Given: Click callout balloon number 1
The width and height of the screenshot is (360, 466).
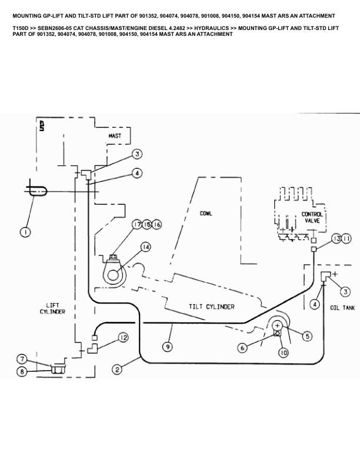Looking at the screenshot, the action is point(25,232).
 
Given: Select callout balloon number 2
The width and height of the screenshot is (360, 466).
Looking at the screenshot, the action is point(117,370).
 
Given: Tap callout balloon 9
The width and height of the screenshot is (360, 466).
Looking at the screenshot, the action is point(168,347).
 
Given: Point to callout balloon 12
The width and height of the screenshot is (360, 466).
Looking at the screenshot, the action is point(124,338).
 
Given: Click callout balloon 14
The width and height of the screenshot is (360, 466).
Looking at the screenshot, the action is point(145,247).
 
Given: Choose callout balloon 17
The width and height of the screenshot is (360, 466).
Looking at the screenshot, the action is point(137,224).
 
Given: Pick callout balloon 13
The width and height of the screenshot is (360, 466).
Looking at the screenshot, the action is point(336,238).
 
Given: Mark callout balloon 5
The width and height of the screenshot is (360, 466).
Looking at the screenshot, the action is point(308,336).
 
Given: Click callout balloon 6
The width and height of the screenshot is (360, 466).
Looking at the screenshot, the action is point(243,347).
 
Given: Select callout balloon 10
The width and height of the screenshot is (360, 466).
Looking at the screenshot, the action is point(284,353).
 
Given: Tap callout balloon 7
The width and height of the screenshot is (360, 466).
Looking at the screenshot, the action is point(22,360).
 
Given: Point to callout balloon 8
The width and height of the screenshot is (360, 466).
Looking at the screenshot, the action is point(22,371).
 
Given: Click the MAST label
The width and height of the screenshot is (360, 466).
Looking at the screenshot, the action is point(115,136).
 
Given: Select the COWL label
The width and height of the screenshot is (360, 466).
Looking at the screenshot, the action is point(206,214).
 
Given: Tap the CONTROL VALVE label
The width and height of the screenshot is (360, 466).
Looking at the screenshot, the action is point(312,218).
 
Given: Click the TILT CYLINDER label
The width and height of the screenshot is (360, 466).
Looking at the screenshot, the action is point(212,307).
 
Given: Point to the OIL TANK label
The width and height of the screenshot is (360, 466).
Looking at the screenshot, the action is point(342,308).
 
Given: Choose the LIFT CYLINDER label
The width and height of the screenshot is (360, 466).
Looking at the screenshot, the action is point(52,308).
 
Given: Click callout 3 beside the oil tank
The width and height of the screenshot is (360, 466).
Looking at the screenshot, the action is point(345,292).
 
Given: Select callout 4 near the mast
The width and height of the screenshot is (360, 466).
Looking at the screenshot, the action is point(137,173).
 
